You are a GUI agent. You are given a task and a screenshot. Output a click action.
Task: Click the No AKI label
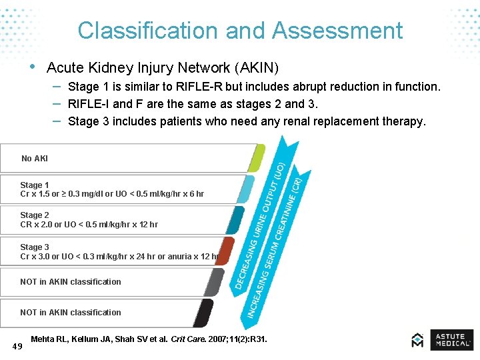pyautogui.click(x=35, y=159)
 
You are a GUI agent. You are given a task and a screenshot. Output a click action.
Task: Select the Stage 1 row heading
pyautogui.click(x=35, y=185)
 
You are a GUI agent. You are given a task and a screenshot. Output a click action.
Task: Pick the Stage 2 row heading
pyautogui.click(x=35, y=215)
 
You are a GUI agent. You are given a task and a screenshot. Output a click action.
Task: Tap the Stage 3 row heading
pyautogui.click(x=35, y=247)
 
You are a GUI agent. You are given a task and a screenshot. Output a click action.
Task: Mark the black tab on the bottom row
pyautogui.click(x=204, y=313)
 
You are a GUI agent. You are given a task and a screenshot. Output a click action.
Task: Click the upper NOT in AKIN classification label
pyautogui.click(x=71, y=282)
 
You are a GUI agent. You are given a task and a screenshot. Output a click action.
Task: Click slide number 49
pyautogui.click(x=18, y=345)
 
